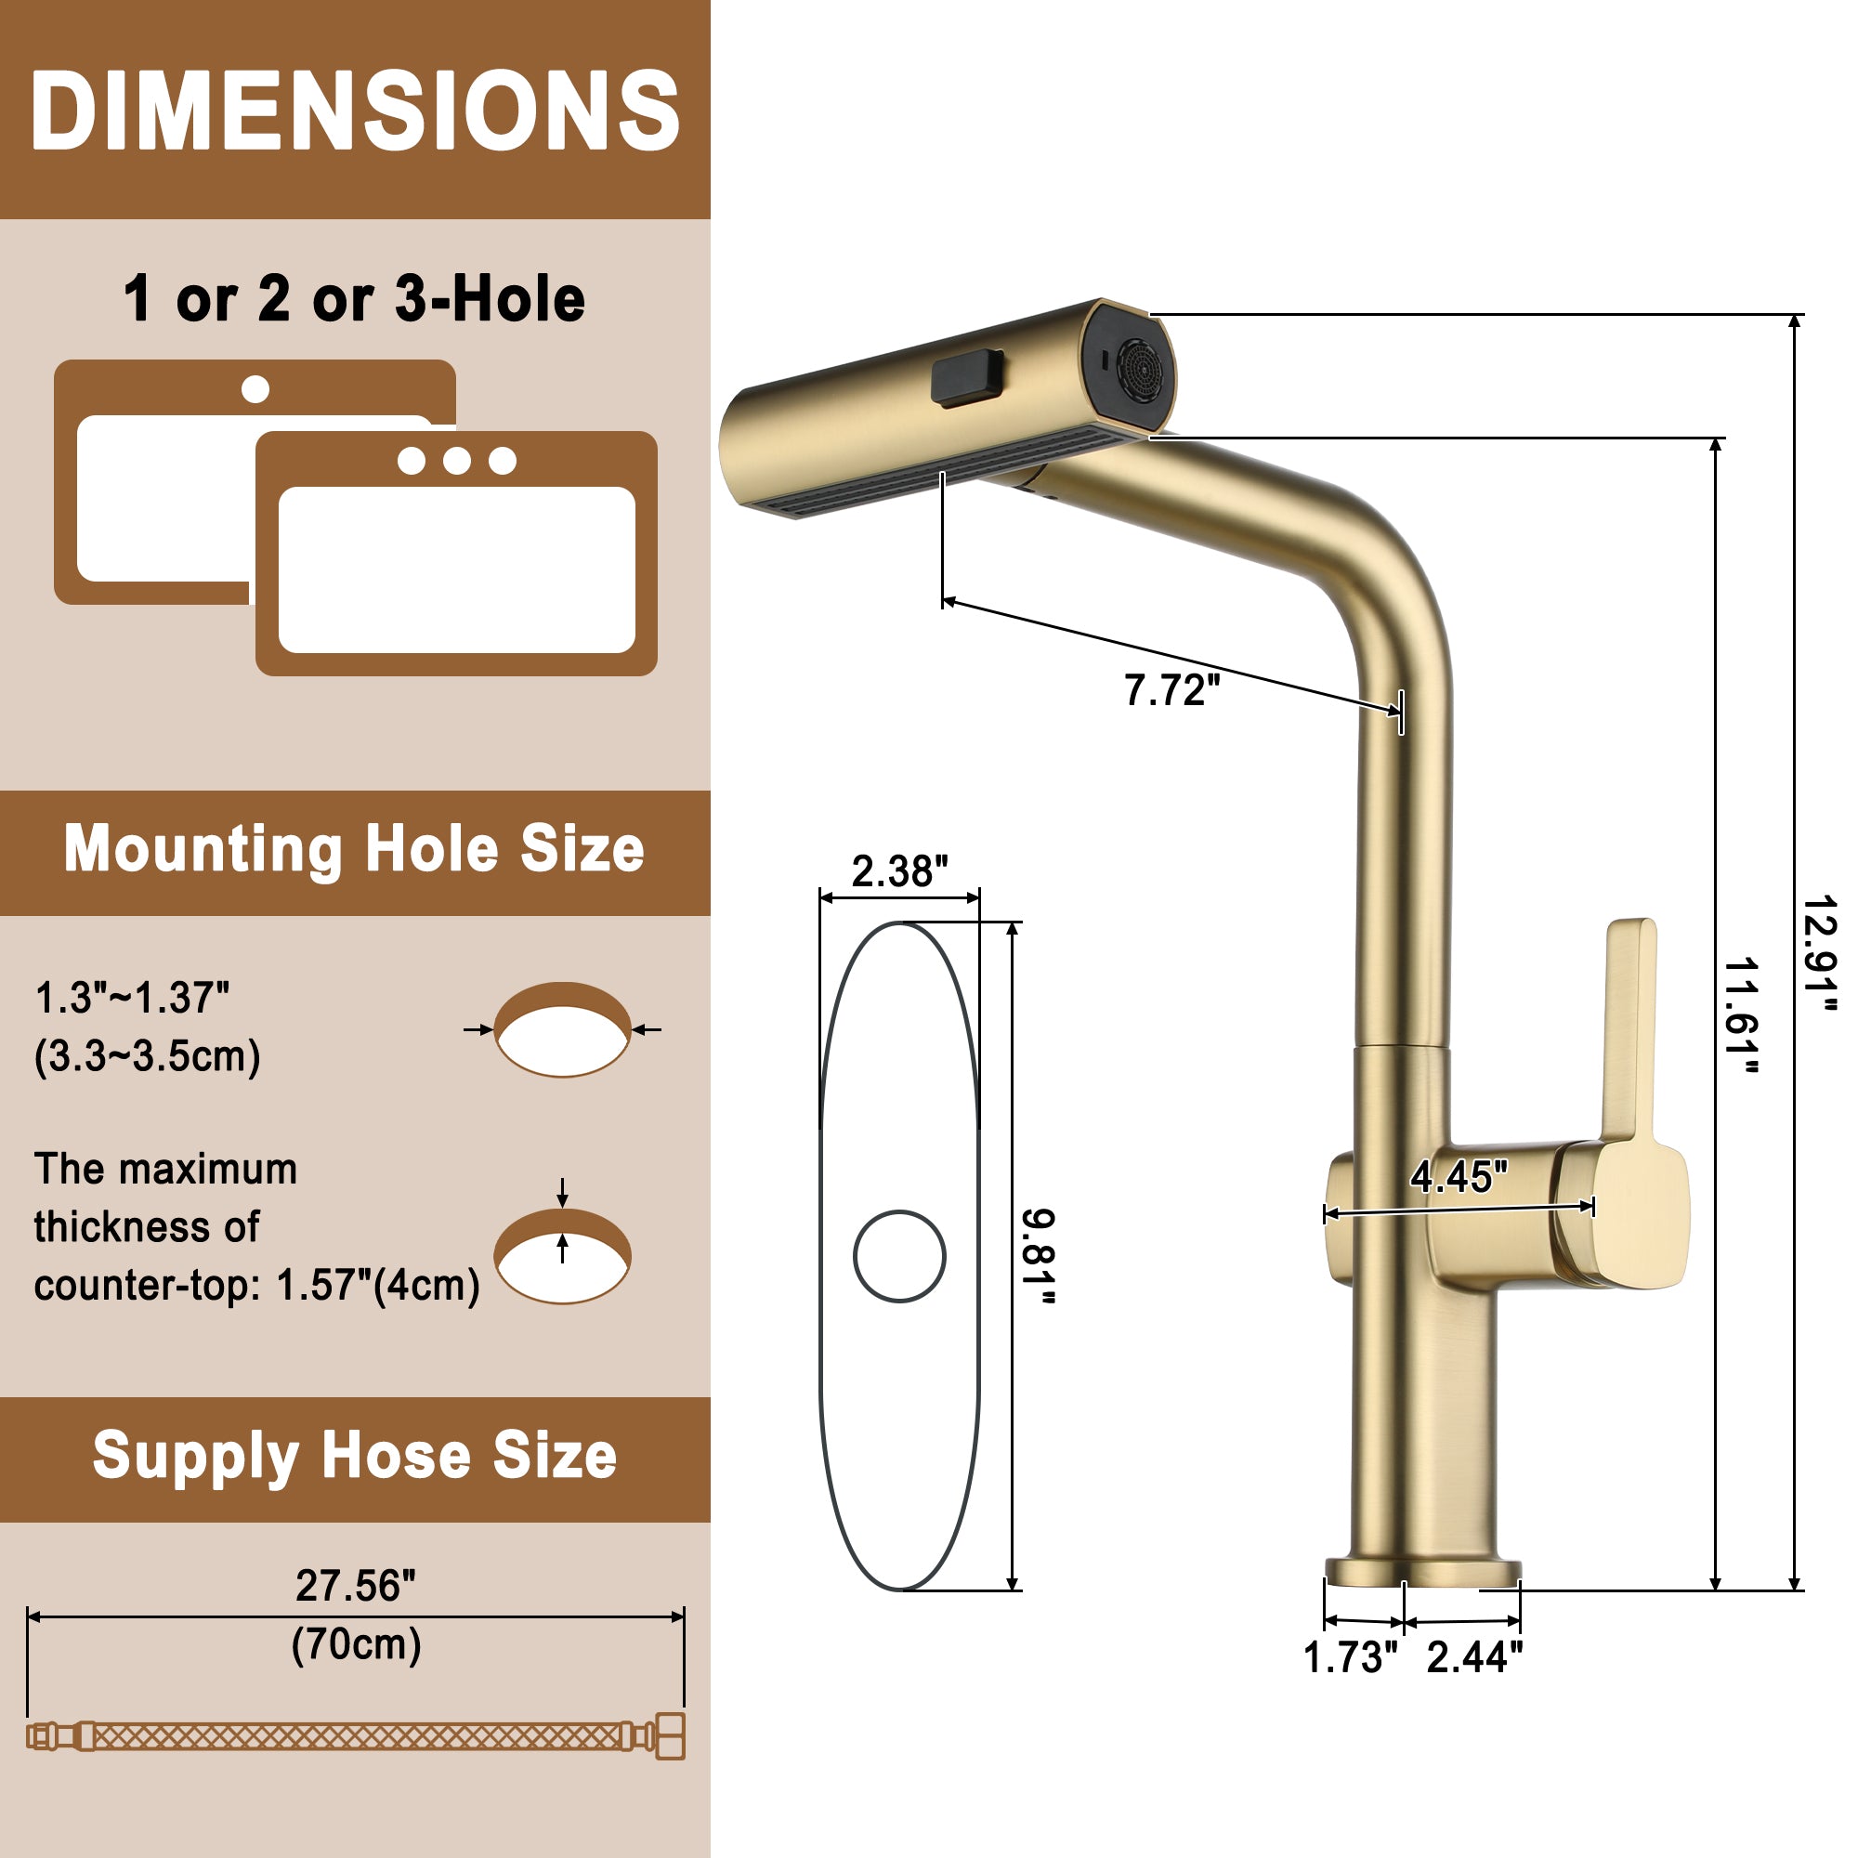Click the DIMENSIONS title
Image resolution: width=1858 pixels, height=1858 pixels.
click(355, 111)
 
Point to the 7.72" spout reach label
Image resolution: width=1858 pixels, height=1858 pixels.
click(1171, 690)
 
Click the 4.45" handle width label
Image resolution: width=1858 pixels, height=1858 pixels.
click(1458, 1177)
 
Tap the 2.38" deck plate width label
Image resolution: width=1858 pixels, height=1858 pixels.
click(899, 871)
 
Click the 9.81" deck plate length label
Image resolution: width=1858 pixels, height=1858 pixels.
click(1039, 1256)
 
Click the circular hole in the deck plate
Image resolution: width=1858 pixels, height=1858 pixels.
click(899, 1256)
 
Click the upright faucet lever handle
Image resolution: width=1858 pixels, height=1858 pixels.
click(1629, 1029)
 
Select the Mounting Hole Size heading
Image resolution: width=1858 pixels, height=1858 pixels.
click(355, 850)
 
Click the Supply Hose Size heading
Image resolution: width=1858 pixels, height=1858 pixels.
click(355, 1456)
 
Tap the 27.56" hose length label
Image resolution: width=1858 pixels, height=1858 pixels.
click(356, 1586)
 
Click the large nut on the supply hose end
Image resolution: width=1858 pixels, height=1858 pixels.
click(671, 1736)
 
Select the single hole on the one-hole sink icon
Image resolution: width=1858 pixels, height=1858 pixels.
click(255, 389)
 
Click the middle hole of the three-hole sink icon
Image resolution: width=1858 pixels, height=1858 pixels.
click(457, 461)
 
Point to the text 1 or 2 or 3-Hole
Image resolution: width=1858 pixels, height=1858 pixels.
click(355, 298)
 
